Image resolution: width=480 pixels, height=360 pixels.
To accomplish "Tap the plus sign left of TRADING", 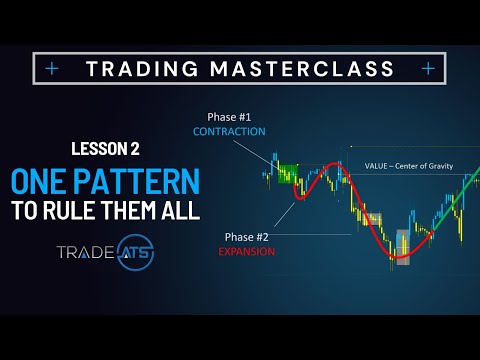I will coord(53,69).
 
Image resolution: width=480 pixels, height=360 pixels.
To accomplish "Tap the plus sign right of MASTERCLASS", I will coord(428,69).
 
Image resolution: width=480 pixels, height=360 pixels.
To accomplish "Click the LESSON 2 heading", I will coord(105,149).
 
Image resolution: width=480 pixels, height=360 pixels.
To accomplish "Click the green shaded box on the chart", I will coord(291,173).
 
